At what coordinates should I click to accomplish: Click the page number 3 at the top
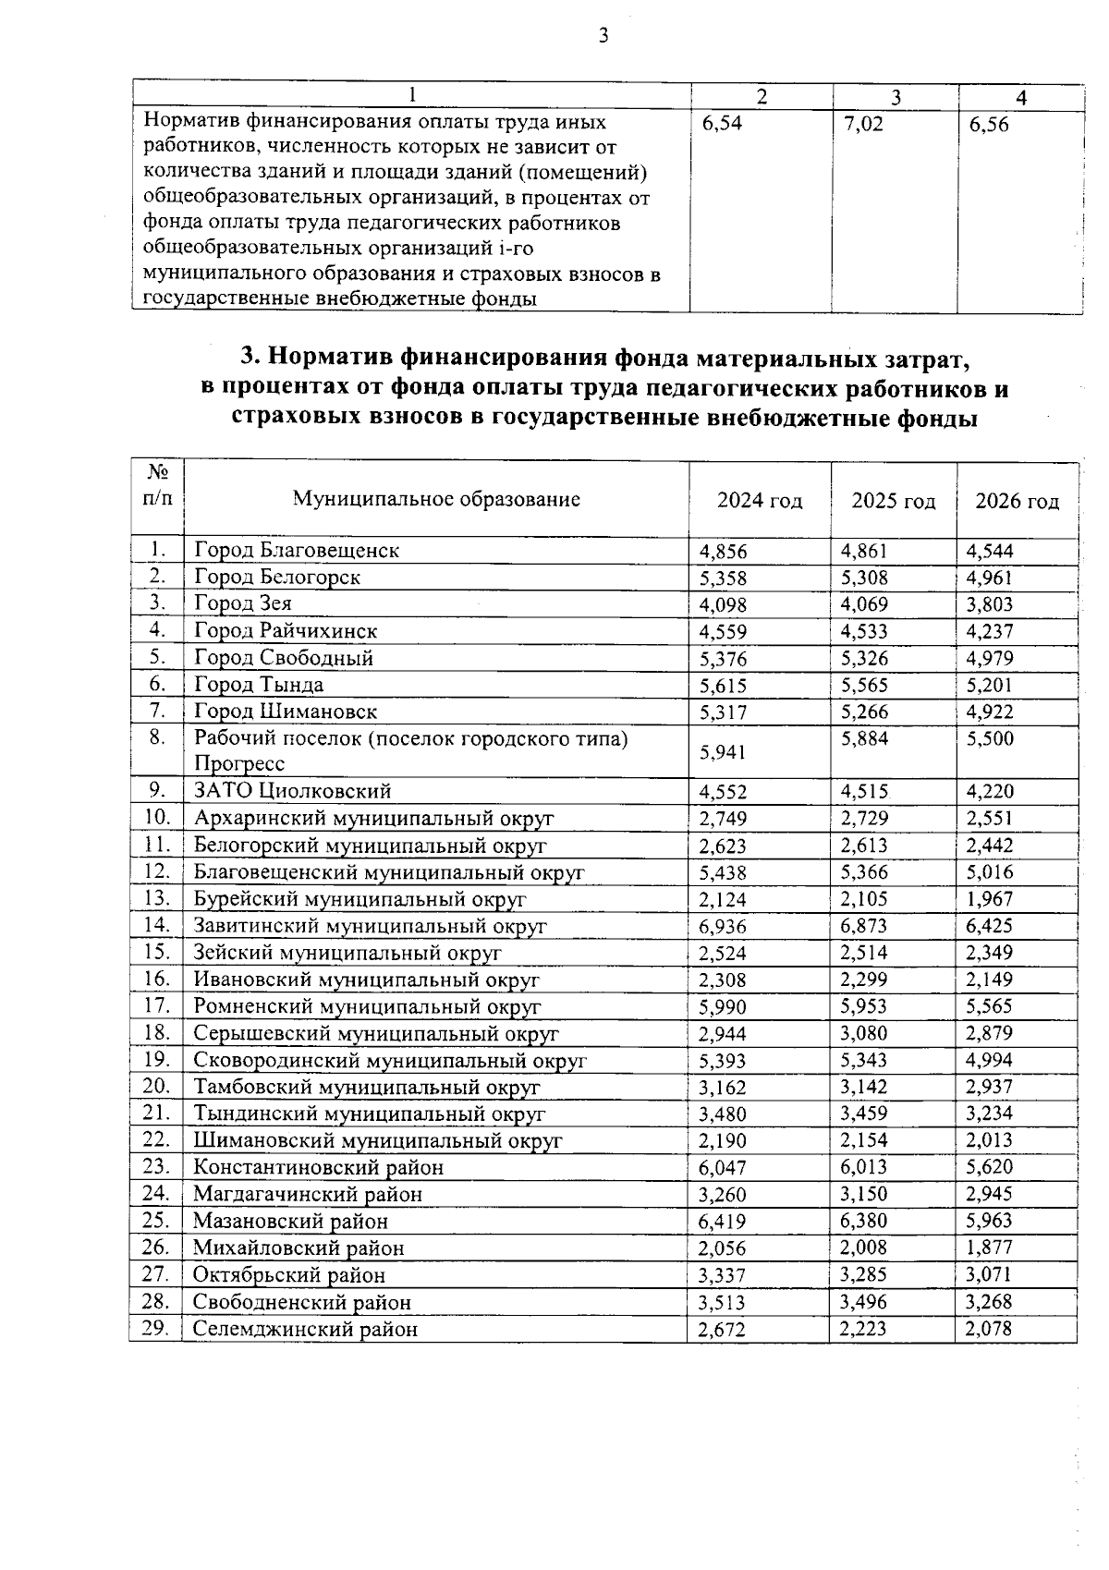click(603, 37)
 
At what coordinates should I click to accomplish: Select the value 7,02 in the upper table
click(863, 125)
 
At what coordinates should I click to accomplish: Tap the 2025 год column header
click(893, 502)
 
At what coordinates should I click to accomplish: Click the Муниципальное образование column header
click(436, 500)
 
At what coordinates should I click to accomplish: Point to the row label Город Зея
click(243, 604)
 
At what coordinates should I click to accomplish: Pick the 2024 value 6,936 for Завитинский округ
click(723, 927)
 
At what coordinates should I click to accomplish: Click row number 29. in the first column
click(156, 1328)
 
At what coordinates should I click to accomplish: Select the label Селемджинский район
click(305, 1330)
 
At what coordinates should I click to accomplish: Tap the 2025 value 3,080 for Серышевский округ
click(863, 1033)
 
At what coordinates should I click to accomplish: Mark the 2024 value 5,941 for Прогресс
click(723, 753)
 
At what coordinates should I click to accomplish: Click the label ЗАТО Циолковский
click(292, 792)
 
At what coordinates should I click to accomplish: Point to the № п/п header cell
click(157, 486)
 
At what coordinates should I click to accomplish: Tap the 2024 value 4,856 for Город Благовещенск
click(723, 553)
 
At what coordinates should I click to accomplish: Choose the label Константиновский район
click(318, 1168)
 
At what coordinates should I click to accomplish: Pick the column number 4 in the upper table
click(1020, 98)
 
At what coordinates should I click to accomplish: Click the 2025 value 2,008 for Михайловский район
click(863, 1247)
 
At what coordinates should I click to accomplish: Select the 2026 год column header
click(1017, 502)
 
